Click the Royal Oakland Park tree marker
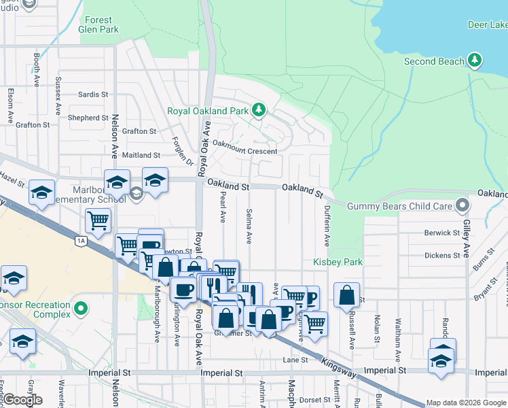click(258, 109)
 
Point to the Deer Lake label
click(488, 25)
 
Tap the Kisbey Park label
click(338, 262)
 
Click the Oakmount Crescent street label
click(244, 151)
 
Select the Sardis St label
click(93, 95)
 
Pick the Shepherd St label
click(88, 118)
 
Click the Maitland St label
click(141, 156)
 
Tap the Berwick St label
click(442, 233)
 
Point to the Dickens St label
click(442, 256)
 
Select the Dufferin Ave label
click(327, 226)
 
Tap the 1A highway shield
click(81, 240)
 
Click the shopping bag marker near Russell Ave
click(346, 294)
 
